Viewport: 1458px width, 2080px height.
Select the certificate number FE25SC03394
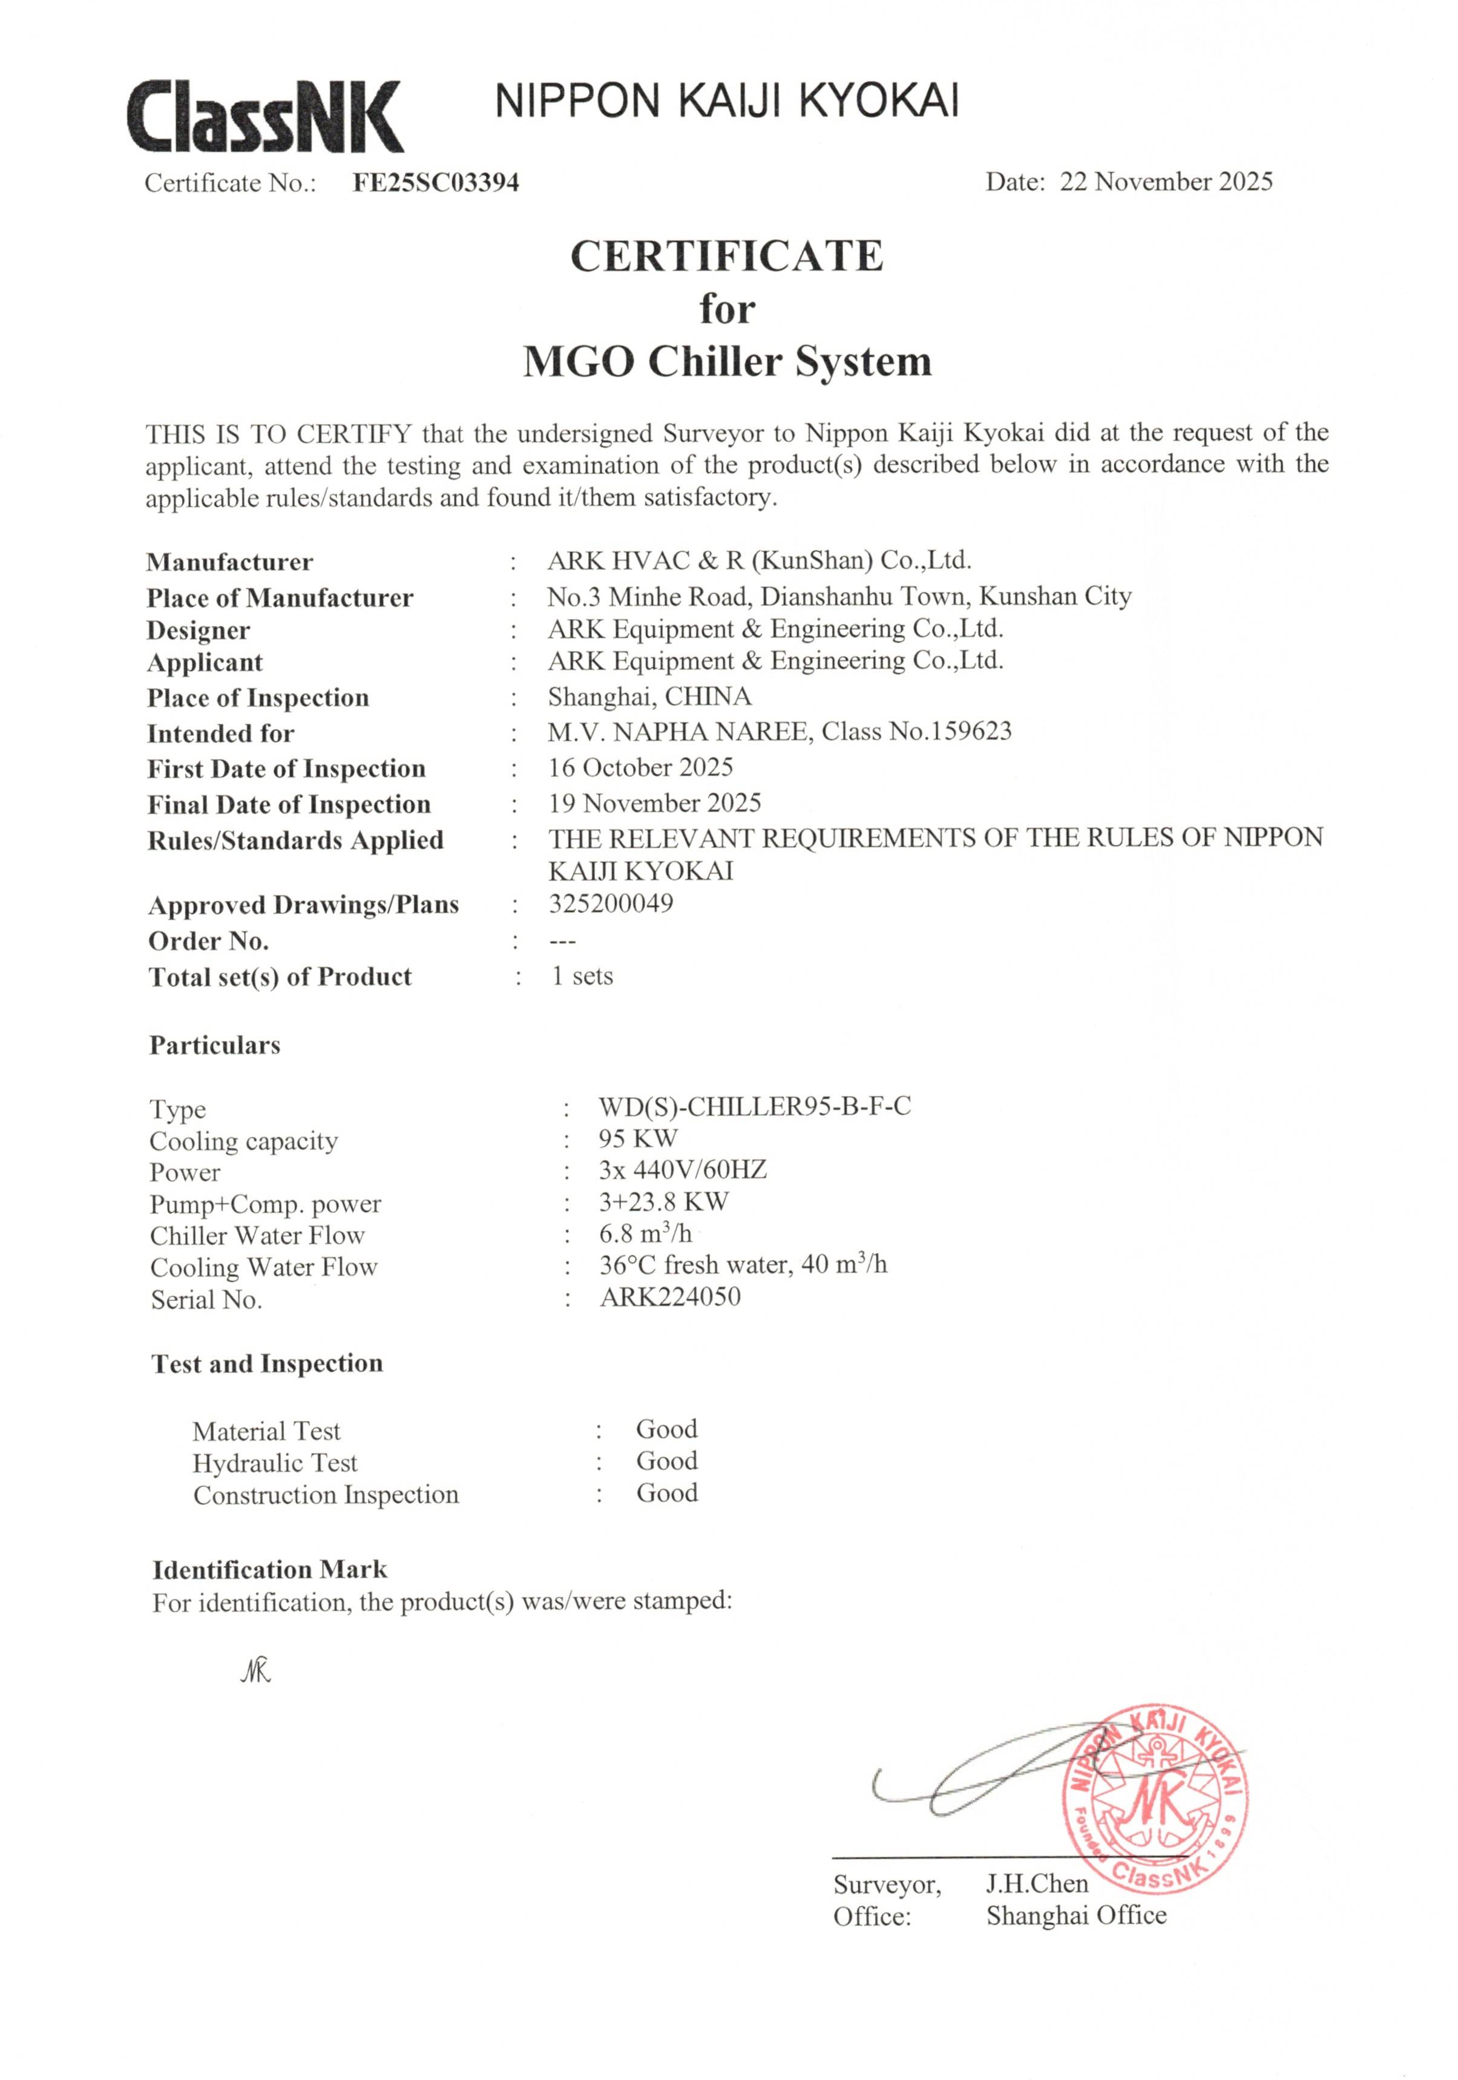click(435, 183)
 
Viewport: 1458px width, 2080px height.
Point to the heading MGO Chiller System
click(727, 361)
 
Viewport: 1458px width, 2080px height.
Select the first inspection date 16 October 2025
click(640, 767)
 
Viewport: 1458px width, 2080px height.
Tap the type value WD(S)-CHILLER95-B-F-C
click(754, 1106)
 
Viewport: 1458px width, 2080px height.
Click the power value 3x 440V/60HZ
click(681, 1170)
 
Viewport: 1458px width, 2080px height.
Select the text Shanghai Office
click(1075, 1915)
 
